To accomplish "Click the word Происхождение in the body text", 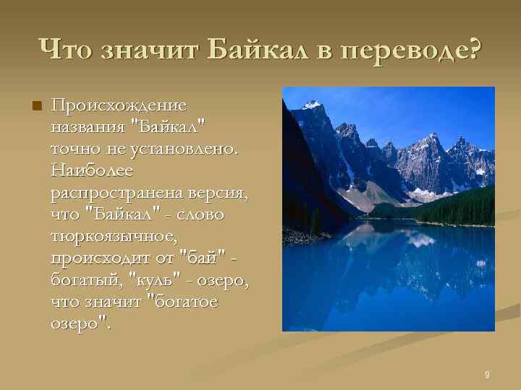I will pyautogui.click(x=119, y=107).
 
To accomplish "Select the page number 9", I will pyautogui.click(x=487, y=374).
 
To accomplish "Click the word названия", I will pyautogui.click(x=87, y=129).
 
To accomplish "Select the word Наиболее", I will pyautogui.click(x=88, y=172).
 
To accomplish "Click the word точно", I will pyautogui.click(x=73, y=150).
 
